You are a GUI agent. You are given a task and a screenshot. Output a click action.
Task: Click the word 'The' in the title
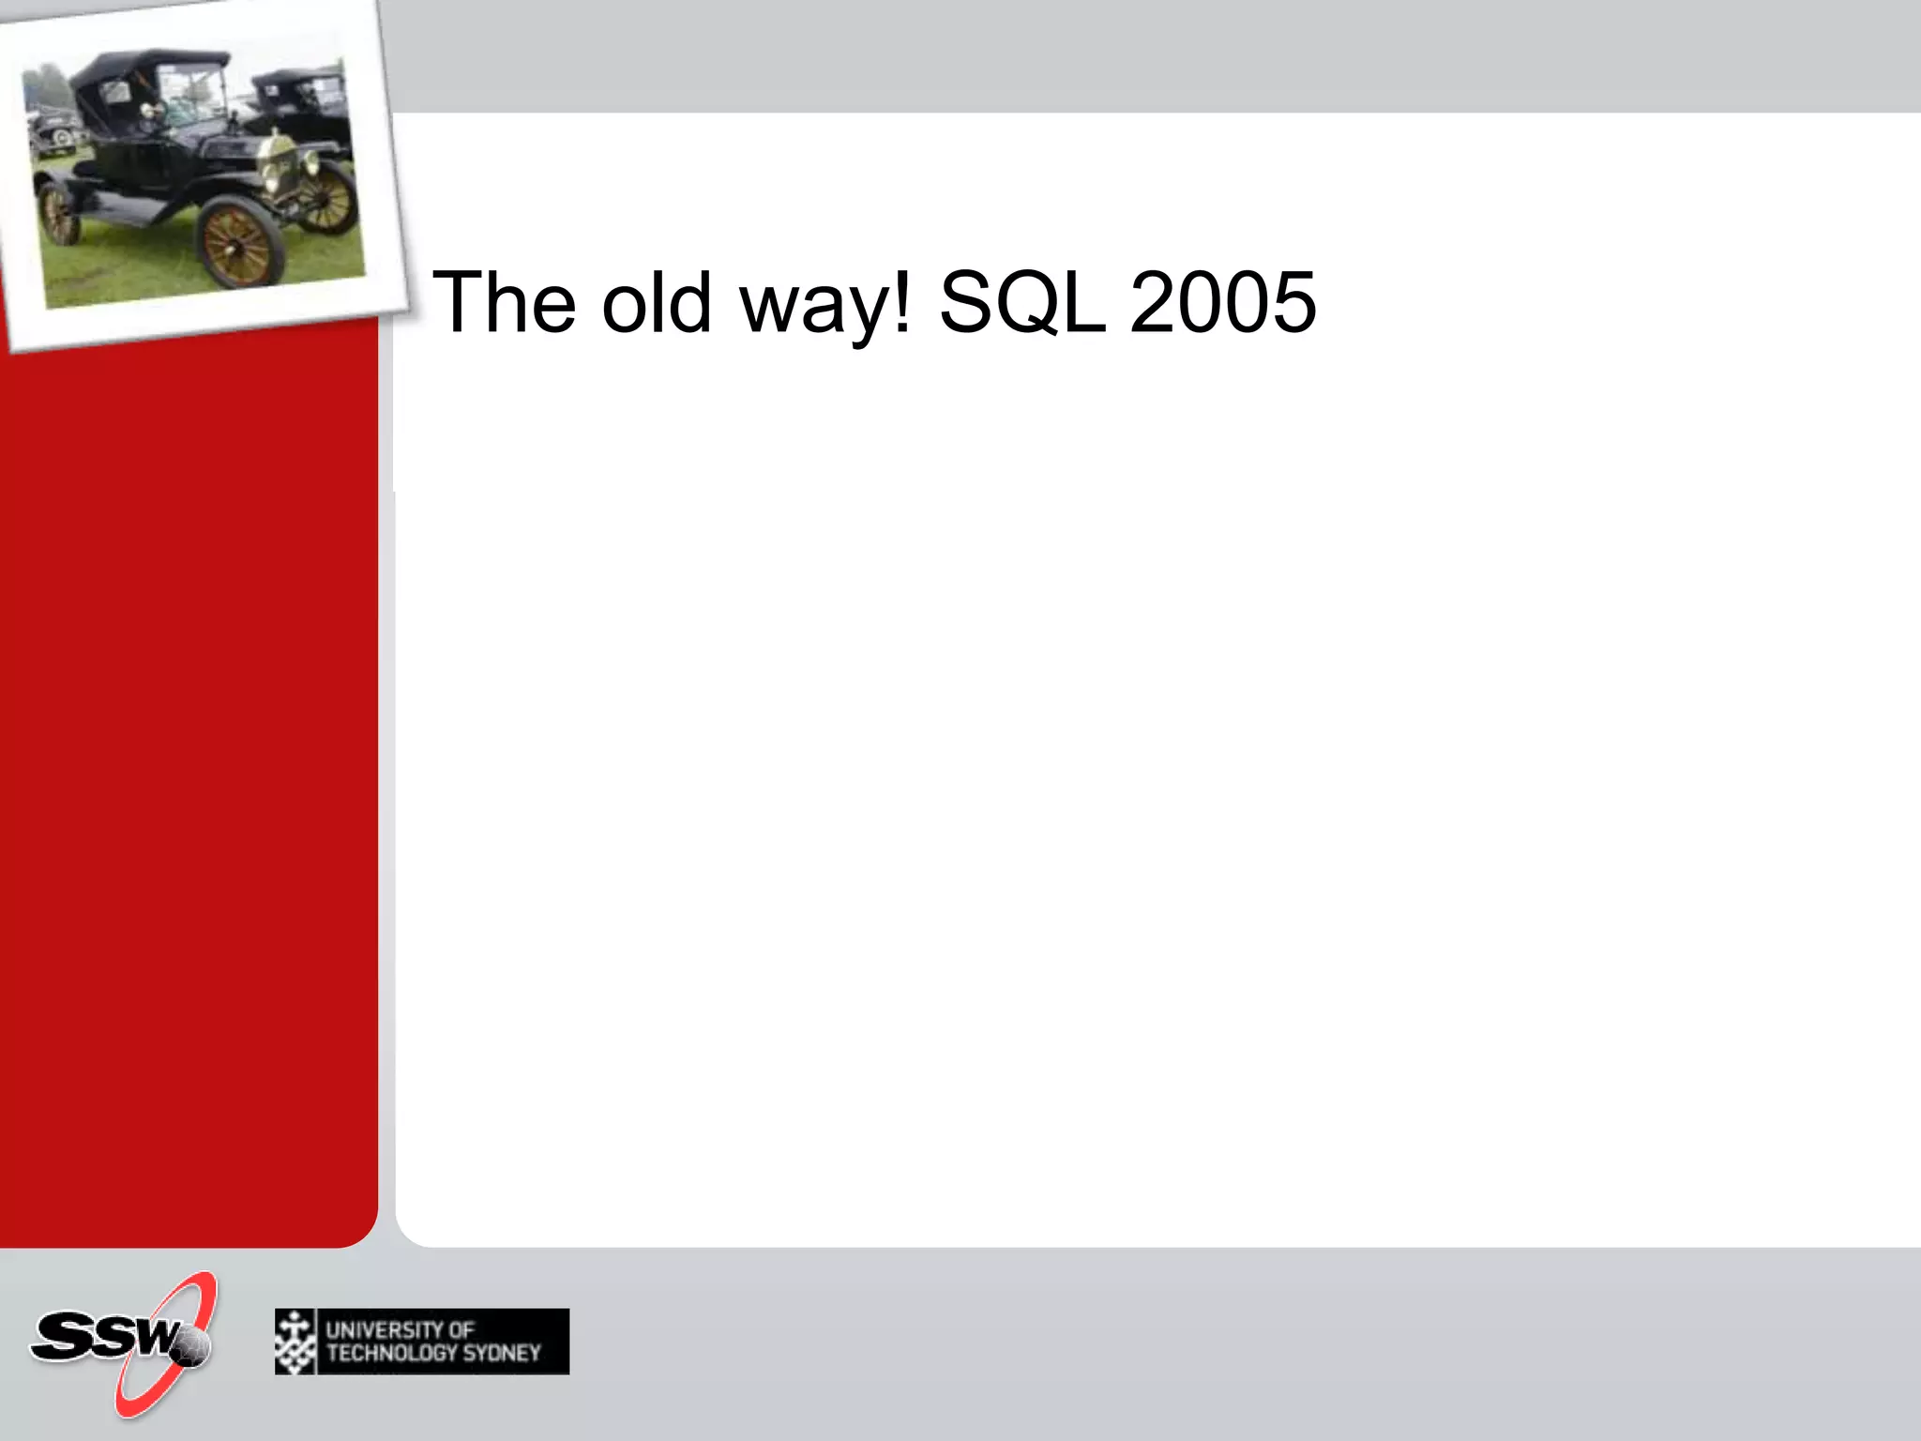[504, 302]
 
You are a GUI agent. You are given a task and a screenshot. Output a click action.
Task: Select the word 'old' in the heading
[657, 302]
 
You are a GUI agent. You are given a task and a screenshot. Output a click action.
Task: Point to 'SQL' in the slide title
[1022, 302]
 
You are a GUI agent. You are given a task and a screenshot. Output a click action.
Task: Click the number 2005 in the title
[1223, 302]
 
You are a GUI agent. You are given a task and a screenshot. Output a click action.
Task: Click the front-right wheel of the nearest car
[239, 244]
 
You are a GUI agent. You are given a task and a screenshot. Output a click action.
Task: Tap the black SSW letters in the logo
[103, 1335]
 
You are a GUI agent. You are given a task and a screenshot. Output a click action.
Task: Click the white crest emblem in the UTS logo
[295, 1342]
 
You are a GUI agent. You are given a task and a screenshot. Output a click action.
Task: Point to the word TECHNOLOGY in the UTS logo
[392, 1353]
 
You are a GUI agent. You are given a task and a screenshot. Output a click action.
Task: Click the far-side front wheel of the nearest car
[327, 199]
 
